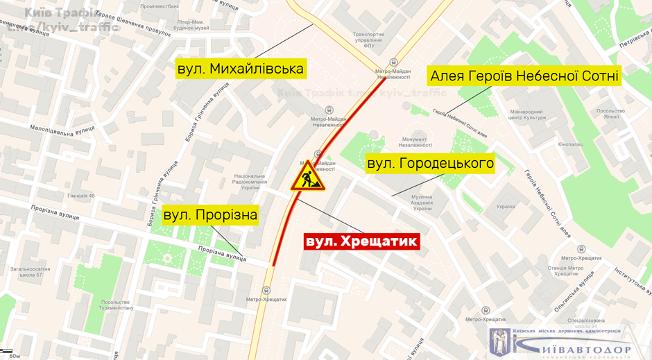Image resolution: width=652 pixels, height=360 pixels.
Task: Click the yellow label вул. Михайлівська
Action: coord(241,69)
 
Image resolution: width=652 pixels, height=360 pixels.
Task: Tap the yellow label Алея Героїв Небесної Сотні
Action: coord(524,75)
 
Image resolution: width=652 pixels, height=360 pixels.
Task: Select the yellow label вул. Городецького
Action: coord(430,164)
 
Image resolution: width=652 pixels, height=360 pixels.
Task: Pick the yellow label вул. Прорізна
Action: coord(210,215)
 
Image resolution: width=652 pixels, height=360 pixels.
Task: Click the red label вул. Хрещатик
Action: coord(362,241)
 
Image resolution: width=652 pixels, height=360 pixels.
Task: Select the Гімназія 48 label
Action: coord(81,196)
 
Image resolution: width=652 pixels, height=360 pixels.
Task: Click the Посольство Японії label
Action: coord(611,114)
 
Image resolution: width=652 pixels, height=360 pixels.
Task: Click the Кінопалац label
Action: coord(570,144)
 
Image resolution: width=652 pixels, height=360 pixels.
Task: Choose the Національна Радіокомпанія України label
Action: coord(250,182)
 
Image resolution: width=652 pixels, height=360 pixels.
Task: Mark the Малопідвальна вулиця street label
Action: coord(62,130)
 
